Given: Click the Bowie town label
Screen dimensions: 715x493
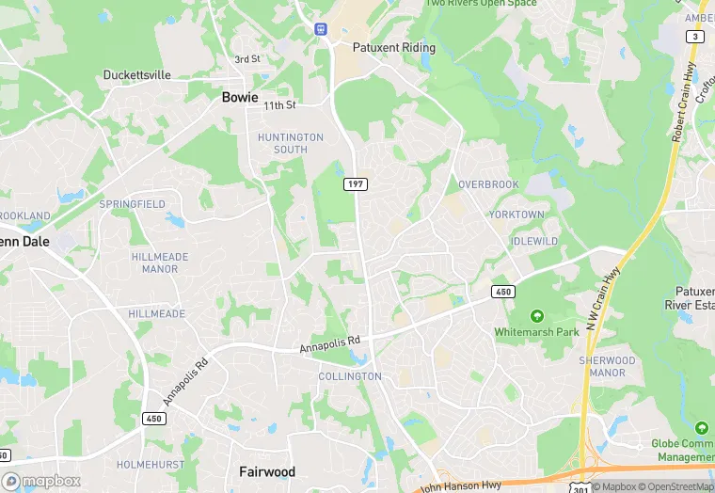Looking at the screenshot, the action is point(240,97).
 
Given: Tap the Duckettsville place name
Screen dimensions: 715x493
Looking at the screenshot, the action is point(137,74).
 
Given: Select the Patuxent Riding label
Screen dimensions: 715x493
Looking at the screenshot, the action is point(393,47).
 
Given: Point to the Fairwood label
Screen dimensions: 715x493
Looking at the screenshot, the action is point(267,471).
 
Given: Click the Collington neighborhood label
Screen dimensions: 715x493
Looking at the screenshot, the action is point(350,376).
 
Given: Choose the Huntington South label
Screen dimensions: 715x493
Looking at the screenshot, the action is point(290,143).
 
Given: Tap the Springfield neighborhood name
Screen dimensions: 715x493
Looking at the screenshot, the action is point(133,204).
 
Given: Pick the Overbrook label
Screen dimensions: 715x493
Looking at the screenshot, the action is point(488,184).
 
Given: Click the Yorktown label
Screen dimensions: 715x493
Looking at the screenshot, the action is point(516,215).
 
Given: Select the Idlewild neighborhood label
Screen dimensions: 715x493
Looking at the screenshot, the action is point(533,242).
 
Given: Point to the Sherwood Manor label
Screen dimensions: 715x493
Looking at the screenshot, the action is point(607,366).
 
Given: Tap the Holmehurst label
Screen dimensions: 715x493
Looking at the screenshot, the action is point(148,465).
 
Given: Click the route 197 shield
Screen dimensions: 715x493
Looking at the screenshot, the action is point(355,183).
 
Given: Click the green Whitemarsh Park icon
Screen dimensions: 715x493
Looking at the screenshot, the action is point(537,315).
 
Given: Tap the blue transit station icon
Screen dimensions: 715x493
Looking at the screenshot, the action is point(321,28).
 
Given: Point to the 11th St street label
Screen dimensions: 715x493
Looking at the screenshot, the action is point(279,105).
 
